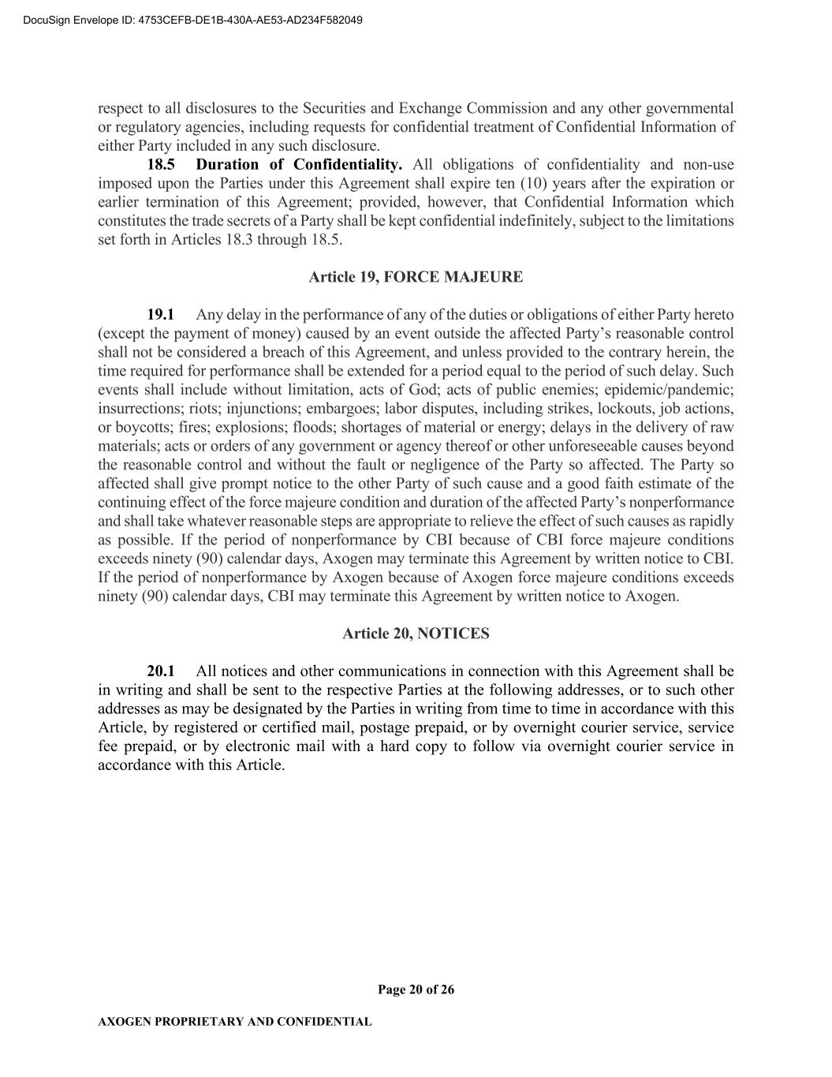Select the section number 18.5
[161, 165]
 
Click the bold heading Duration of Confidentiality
[299, 165]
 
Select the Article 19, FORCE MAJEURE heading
[416, 277]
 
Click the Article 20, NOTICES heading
[416, 634]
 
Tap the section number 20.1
[161, 671]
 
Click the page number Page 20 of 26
[416, 989]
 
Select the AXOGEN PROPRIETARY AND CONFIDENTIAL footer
[234, 1022]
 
